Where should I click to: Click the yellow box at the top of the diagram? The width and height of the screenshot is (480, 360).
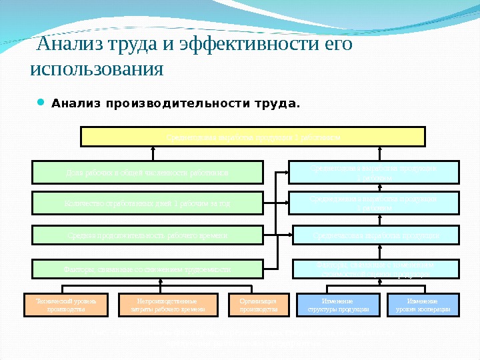tap(253, 136)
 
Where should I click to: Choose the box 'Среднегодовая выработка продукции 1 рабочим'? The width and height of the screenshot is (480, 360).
tap(374, 172)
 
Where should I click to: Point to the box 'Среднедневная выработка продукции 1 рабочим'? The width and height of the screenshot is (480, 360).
tap(374, 203)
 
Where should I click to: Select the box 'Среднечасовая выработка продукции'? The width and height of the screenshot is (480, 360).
tap(374, 235)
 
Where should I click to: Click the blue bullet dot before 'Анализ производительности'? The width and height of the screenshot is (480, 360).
tap(40, 103)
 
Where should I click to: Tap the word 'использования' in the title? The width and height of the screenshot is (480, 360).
tap(97, 69)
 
